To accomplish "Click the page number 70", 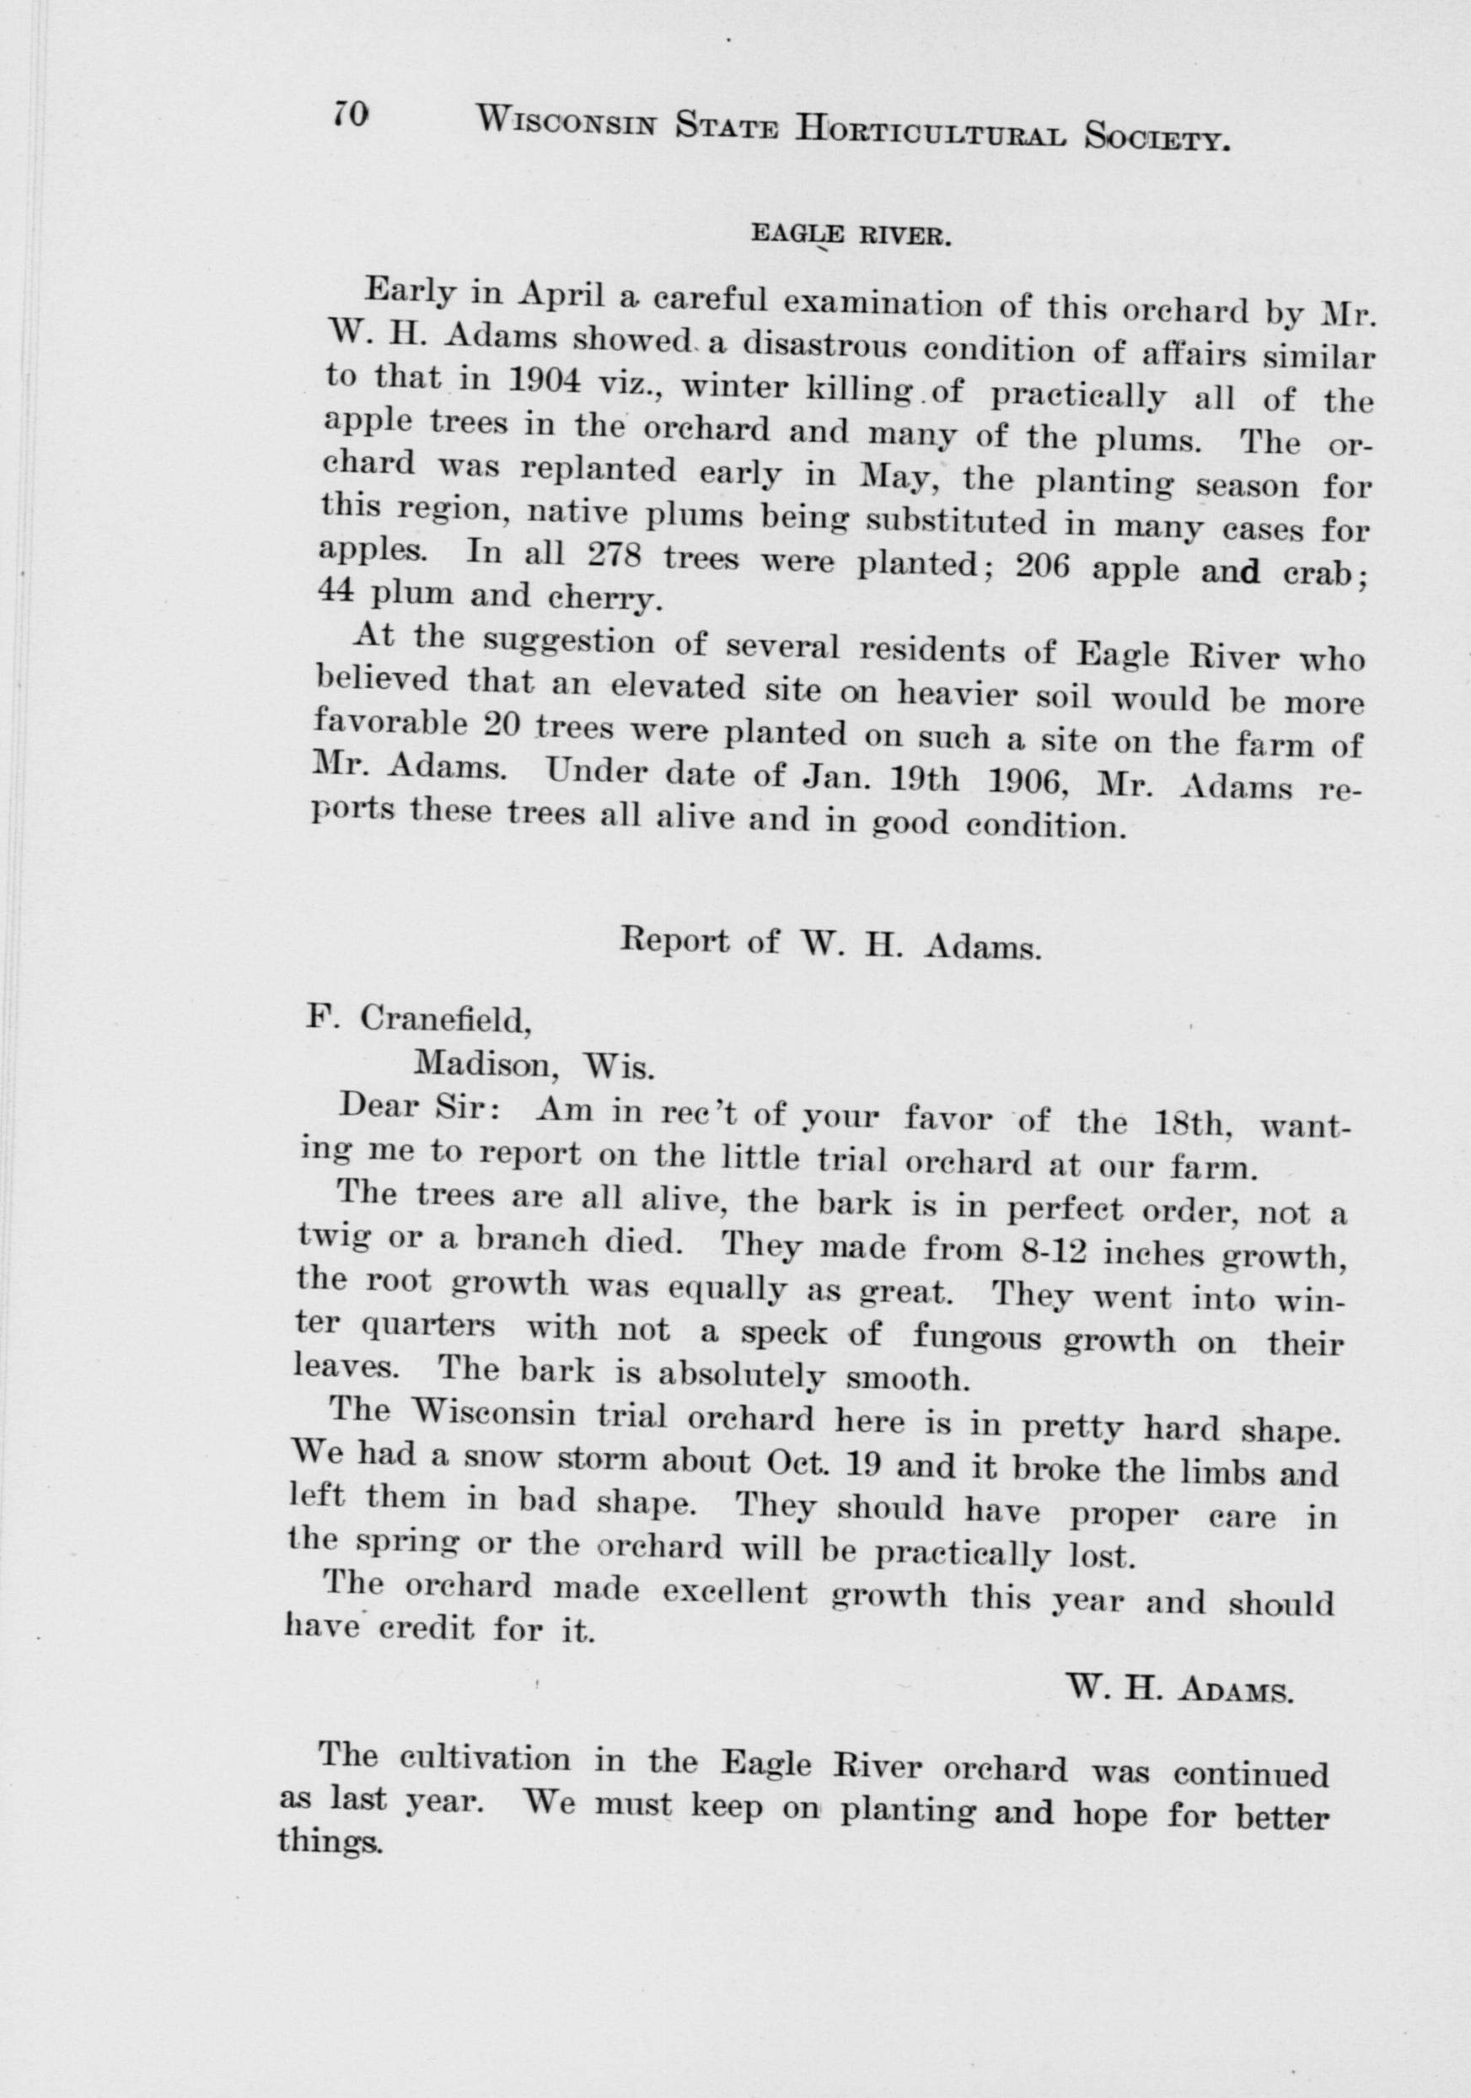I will tap(350, 112).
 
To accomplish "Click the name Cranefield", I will tap(446, 1019).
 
